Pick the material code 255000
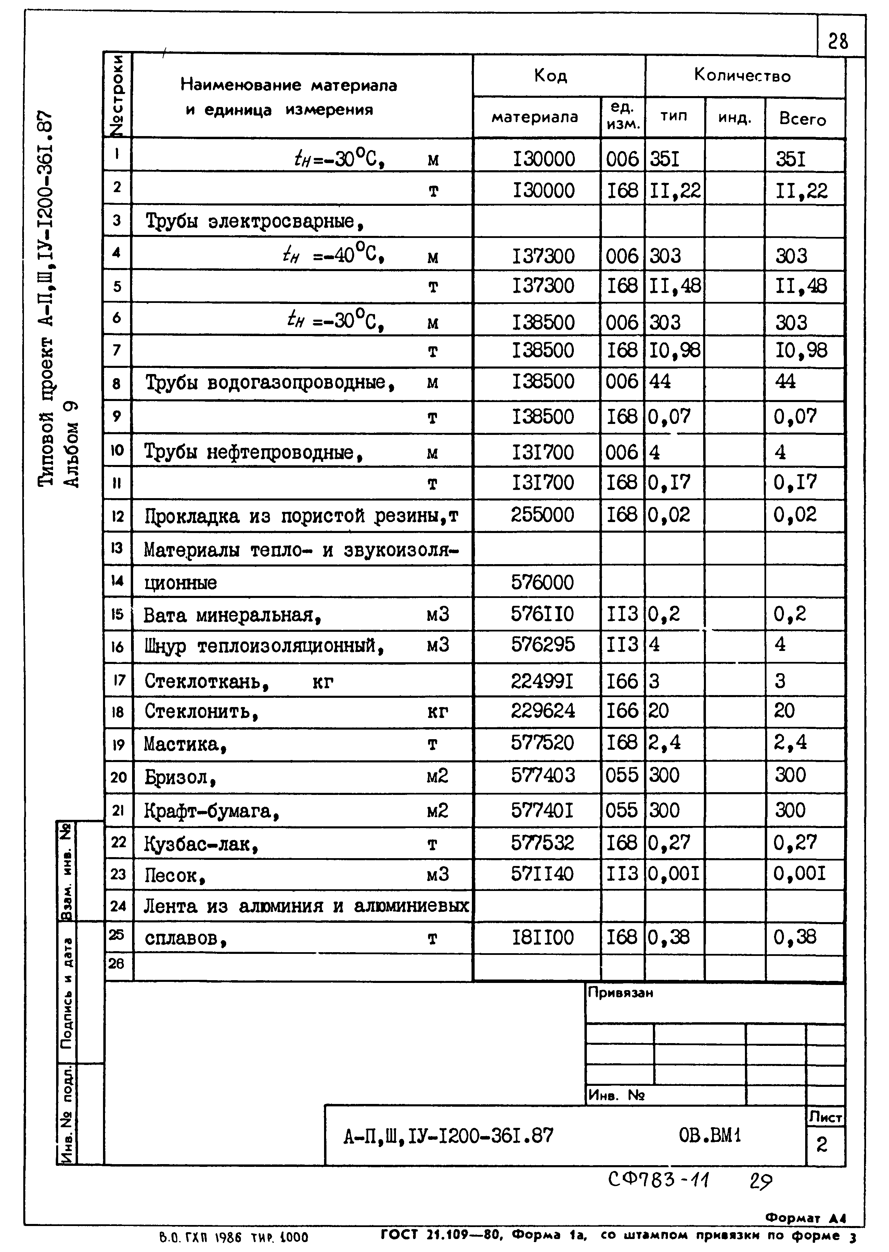[542, 515]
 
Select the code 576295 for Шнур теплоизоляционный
[542, 645]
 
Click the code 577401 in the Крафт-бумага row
[542, 810]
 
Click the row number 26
[117, 963]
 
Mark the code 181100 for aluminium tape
[542, 937]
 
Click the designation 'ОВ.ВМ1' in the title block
[709, 1136]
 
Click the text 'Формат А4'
[805, 1218]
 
